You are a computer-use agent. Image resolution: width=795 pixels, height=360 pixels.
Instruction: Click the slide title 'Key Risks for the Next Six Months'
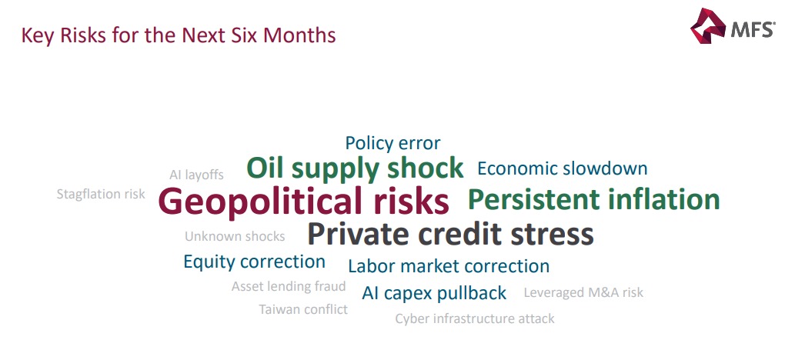(179, 35)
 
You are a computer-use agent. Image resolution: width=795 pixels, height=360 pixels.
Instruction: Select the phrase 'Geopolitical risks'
(303, 202)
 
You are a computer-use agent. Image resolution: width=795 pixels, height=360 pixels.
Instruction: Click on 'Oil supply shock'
(355, 168)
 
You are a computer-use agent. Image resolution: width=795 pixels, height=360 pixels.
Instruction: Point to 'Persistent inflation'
(593, 200)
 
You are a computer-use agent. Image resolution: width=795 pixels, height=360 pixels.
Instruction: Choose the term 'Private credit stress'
(450, 234)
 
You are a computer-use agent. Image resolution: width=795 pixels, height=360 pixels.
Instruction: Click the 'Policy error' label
(392, 143)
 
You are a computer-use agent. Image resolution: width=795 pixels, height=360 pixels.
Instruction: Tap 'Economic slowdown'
(562, 168)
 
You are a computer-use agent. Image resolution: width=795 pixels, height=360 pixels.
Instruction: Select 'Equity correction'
(254, 262)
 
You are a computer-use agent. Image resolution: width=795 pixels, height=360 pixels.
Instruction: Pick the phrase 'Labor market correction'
(449, 267)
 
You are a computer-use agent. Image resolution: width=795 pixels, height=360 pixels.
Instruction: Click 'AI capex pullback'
(434, 293)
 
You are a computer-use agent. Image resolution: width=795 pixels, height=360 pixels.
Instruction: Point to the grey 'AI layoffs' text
(196, 175)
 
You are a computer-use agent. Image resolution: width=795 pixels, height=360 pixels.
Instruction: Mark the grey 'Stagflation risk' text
(101, 195)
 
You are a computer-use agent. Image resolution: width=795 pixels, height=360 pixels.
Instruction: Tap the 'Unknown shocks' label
(235, 236)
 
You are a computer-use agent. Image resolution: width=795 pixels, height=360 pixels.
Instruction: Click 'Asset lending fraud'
(289, 287)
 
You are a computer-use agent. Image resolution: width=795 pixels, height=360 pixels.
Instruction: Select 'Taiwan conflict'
(303, 309)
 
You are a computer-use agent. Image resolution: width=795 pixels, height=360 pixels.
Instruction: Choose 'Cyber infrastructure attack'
(474, 318)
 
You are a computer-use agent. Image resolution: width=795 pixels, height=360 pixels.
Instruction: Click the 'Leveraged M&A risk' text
(583, 292)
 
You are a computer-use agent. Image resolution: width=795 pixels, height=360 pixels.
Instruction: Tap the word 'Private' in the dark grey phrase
(359, 234)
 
